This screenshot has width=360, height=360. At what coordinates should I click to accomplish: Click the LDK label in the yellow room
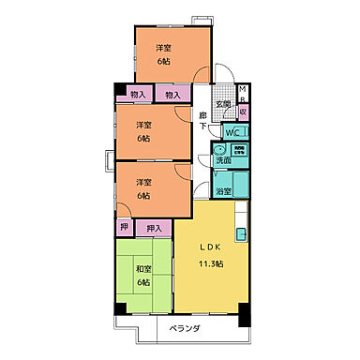(x=208, y=247)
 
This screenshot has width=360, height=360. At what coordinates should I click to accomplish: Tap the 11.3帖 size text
(x=211, y=263)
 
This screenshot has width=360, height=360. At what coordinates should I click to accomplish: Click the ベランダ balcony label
(x=184, y=329)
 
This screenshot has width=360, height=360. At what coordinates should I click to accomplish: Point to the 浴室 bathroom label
(x=224, y=190)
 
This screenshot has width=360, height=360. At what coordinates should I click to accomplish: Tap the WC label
(x=233, y=132)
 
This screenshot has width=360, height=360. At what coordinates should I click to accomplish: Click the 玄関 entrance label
(x=223, y=105)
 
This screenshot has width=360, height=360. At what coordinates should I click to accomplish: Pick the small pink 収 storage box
(x=242, y=111)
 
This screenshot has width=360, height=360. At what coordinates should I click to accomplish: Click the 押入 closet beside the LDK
(x=154, y=227)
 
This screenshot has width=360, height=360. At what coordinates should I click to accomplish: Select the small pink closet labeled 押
(x=124, y=227)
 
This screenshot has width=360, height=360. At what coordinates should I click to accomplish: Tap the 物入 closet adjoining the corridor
(x=173, y=94)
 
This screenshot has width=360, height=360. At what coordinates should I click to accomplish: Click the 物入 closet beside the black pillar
(x=139, y=94)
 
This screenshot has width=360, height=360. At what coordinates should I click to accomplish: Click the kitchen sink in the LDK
(x=241, y=234)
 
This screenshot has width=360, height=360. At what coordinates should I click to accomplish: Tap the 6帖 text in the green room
(x=143, y=283)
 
